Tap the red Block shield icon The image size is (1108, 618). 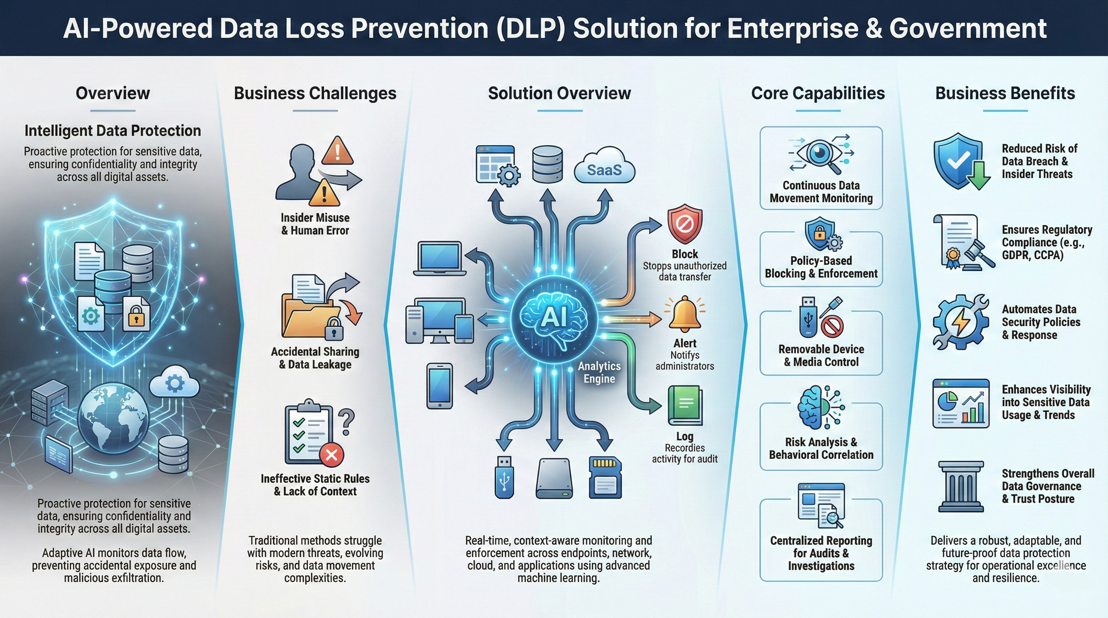(x=685, y=225)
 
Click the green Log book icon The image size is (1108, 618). (x=685, y=405)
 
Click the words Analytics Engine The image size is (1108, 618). (x=599, y=372)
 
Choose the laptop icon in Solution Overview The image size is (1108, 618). (x=440, y=258)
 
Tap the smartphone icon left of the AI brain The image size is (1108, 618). (x=439, y=386)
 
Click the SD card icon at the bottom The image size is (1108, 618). (x=605, y=477)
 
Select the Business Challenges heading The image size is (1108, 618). (x=315, y=93)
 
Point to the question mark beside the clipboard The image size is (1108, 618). (x=346, y=422)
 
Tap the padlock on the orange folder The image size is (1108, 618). (x=334, y=329)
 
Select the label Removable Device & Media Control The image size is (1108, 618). (x=821, y=355)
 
